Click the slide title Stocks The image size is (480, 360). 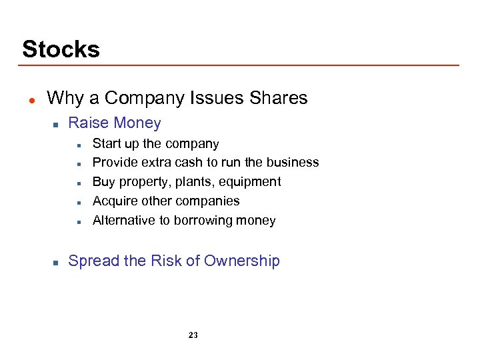coord(61,49)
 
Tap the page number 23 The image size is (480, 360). coord(193,335)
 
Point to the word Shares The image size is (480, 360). coord(278,98)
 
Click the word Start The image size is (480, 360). coord(105,143)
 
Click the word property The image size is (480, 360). coord(141,181)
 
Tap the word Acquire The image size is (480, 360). coord(114,201)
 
